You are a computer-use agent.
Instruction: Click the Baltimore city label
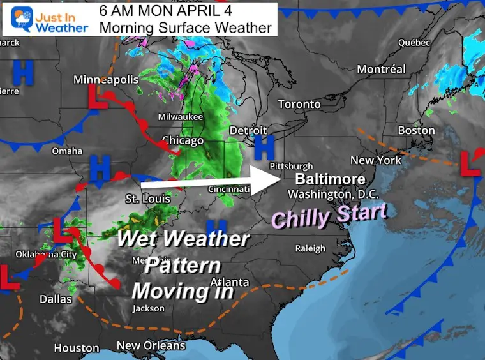[330, 179]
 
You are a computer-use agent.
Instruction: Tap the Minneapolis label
[106, 80]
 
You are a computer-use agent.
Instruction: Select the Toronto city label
[299, 104]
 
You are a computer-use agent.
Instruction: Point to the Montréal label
[381, 69]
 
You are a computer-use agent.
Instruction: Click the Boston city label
[416, 131]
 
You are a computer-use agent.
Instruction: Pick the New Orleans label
[151, 346]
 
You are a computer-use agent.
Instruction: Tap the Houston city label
[77, 349]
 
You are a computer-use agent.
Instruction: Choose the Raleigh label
[310, 248]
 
